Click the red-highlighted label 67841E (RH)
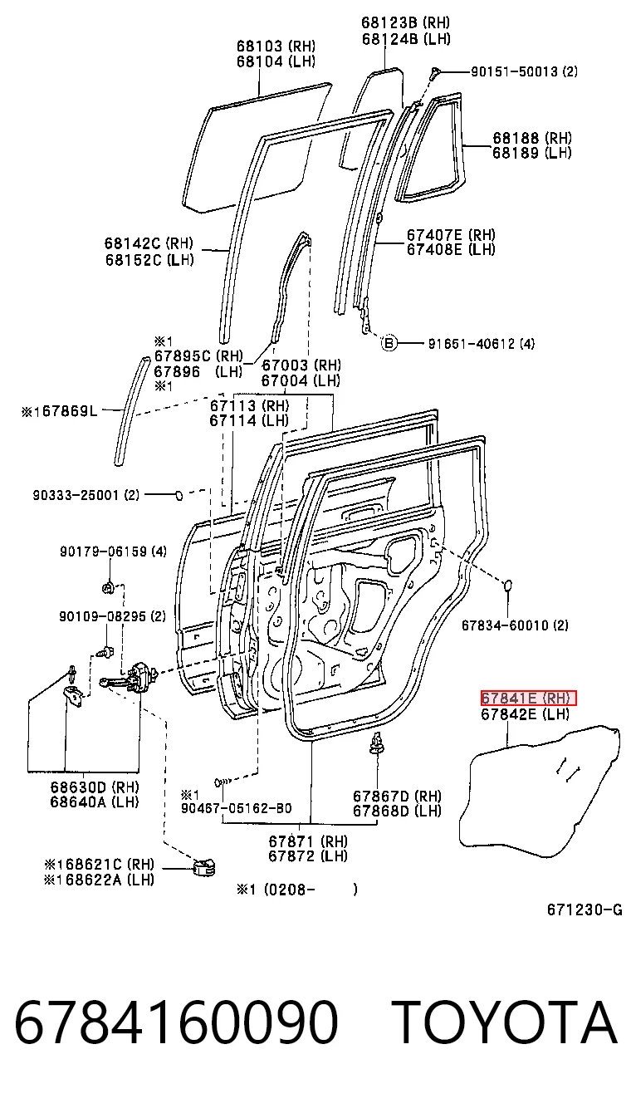[529, 698]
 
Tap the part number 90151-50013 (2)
[524, 71]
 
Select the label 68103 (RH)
[276, 46]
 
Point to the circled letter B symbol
[389, 343]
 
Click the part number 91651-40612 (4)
[482, 343]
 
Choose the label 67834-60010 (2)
[515, 625]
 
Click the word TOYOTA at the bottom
[507, 1022]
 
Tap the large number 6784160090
[176, 1022]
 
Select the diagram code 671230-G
[585, 909]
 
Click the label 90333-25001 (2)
[86, 495]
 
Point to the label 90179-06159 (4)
[113, 551]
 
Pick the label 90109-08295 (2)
[113, 616]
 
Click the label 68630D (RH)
[95, 787]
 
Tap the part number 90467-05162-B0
[236, 808]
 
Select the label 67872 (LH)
[308, 856]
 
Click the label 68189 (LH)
[532, 153]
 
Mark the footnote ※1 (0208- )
[296, 890]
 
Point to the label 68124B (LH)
[406, 38]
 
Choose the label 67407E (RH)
[451, 234]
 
